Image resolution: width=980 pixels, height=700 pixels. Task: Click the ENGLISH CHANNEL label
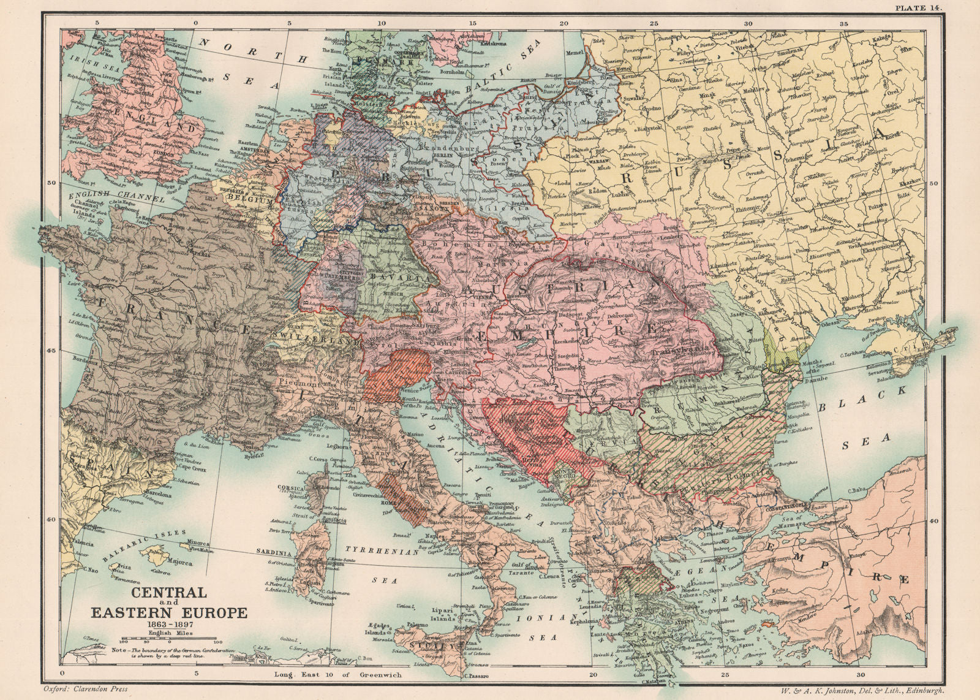click(x=117, y=197)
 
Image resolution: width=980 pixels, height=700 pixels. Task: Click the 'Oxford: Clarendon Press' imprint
click(x=85, y=689)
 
